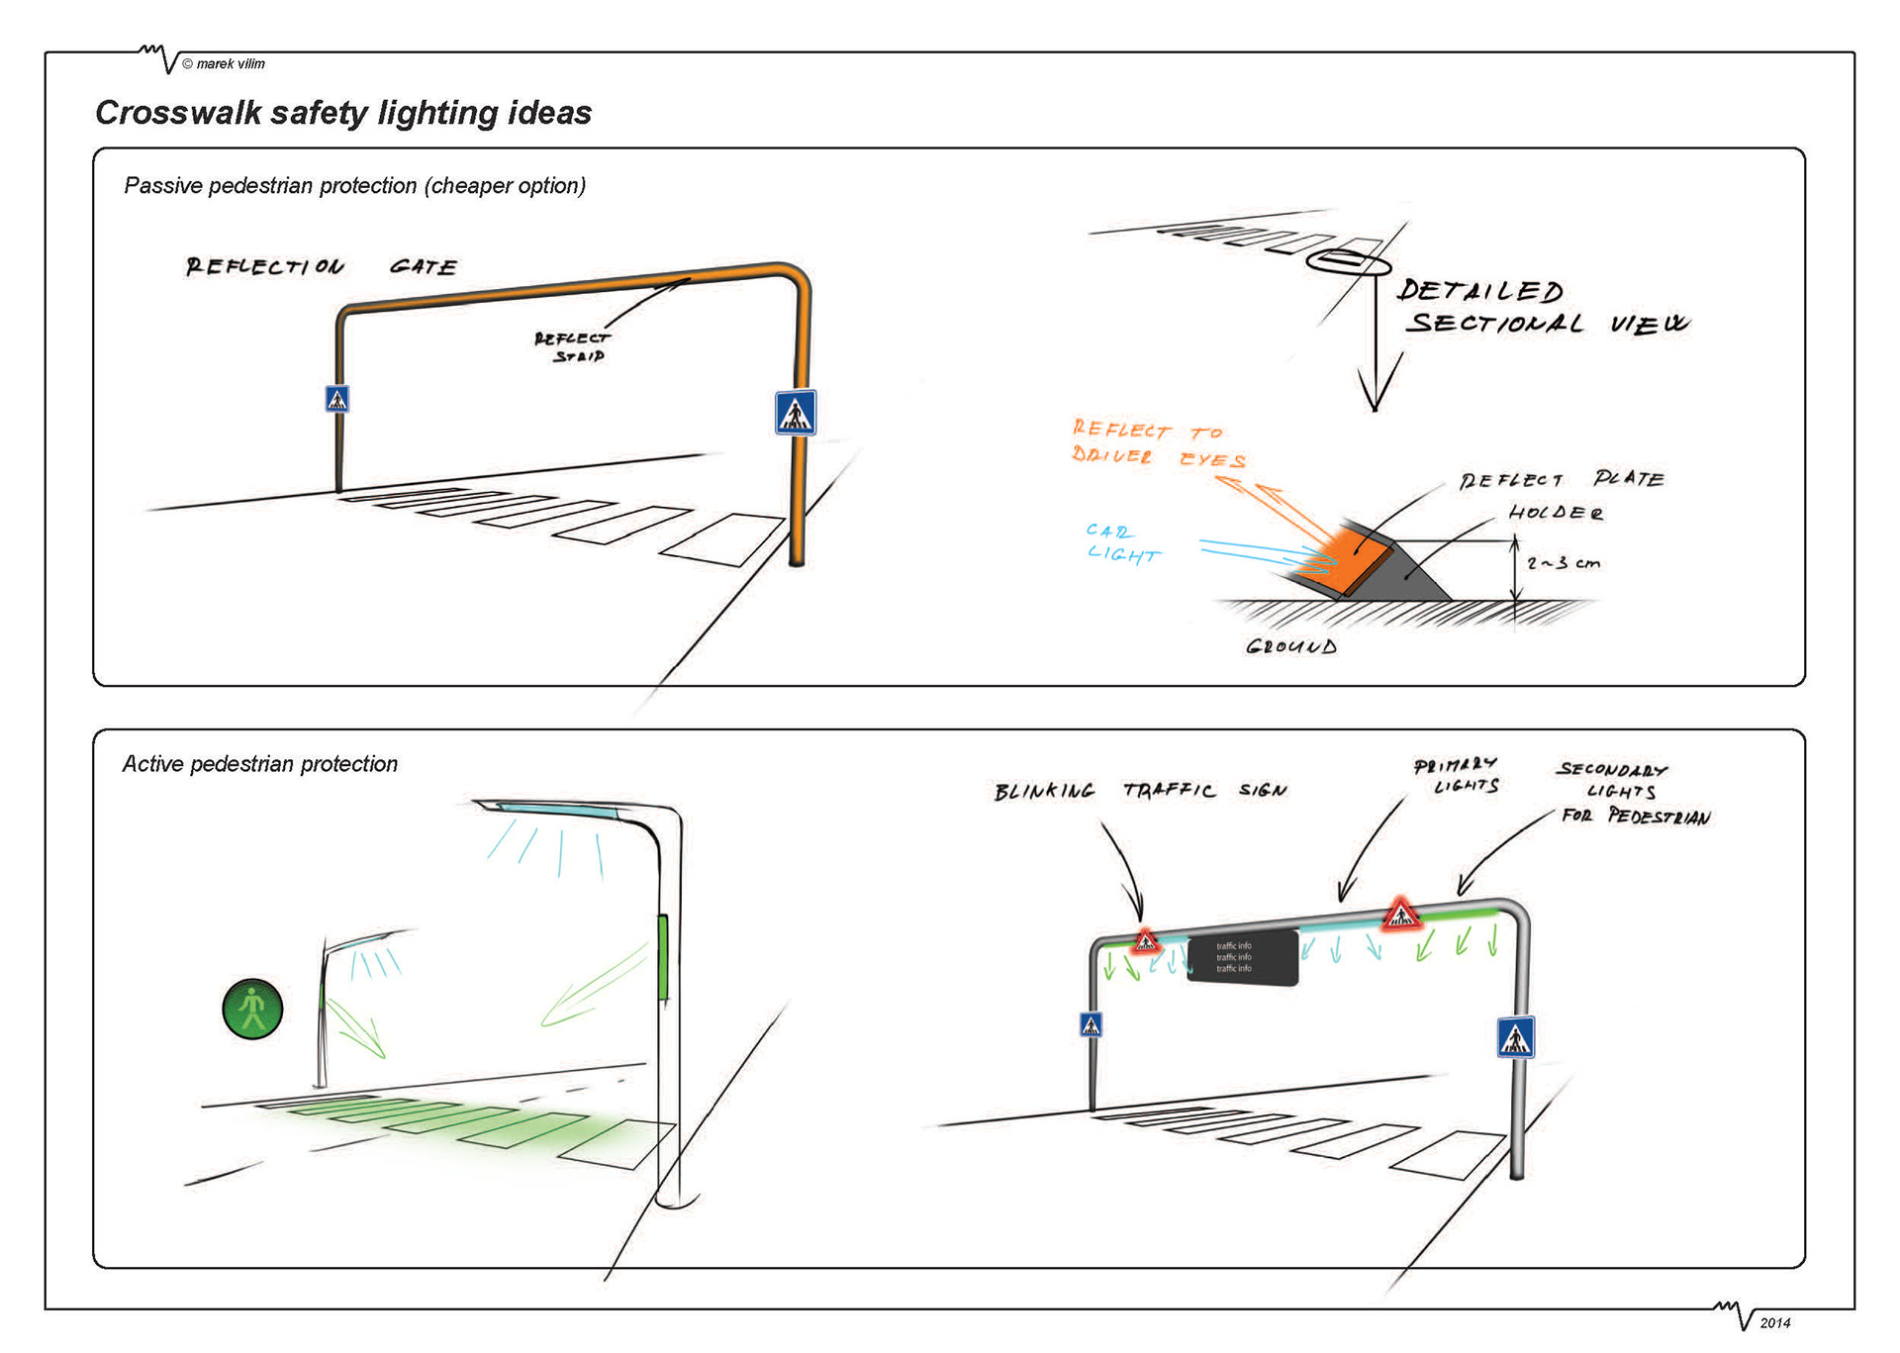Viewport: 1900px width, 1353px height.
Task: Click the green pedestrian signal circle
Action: pyautogui.click(x=252, y=1009)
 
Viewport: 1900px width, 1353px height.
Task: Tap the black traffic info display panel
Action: pyautogui.click(x=1242, y=957)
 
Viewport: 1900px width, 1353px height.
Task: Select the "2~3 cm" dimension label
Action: pyautogui.click(x=1564, y=563)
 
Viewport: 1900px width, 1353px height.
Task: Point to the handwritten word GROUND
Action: pyautogui.click(x=1291, y=646)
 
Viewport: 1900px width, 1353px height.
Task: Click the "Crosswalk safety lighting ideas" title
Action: pyautogui.click(x=343, y=113)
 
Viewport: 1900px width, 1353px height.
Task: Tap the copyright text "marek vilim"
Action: pyautogui.click(x=230, y=64)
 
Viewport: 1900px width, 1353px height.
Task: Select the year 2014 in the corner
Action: pyautogui.click(x=1775, y=1322)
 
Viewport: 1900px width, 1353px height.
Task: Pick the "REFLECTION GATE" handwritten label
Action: pyautogui.click(x=322, y=266)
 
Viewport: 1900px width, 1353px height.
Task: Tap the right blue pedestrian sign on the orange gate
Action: pyautogui.click(x=796, y=413)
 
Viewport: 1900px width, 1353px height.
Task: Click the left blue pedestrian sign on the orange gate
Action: pyautogui.click(x=337, y=399)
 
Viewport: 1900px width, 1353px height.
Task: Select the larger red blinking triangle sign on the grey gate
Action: pyautogui.click(x=1400, y=915)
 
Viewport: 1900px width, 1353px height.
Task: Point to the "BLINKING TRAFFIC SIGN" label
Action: pyautogui.click(x=1140, y=791)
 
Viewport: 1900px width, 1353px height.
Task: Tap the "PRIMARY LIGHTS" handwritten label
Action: pyautogui.click(x=1458, y=776)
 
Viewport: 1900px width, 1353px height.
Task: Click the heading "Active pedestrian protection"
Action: pyautogui.click(x=260, y=764)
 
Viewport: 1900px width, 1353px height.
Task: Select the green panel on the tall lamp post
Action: pyautogui.click(x=662, y=957)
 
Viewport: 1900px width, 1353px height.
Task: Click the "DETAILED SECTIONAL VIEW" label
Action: pyautogui.click(x=1542, y=307)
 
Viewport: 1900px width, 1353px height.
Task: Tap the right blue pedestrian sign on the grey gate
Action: pyautogui.click(x=1515, y=1037)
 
